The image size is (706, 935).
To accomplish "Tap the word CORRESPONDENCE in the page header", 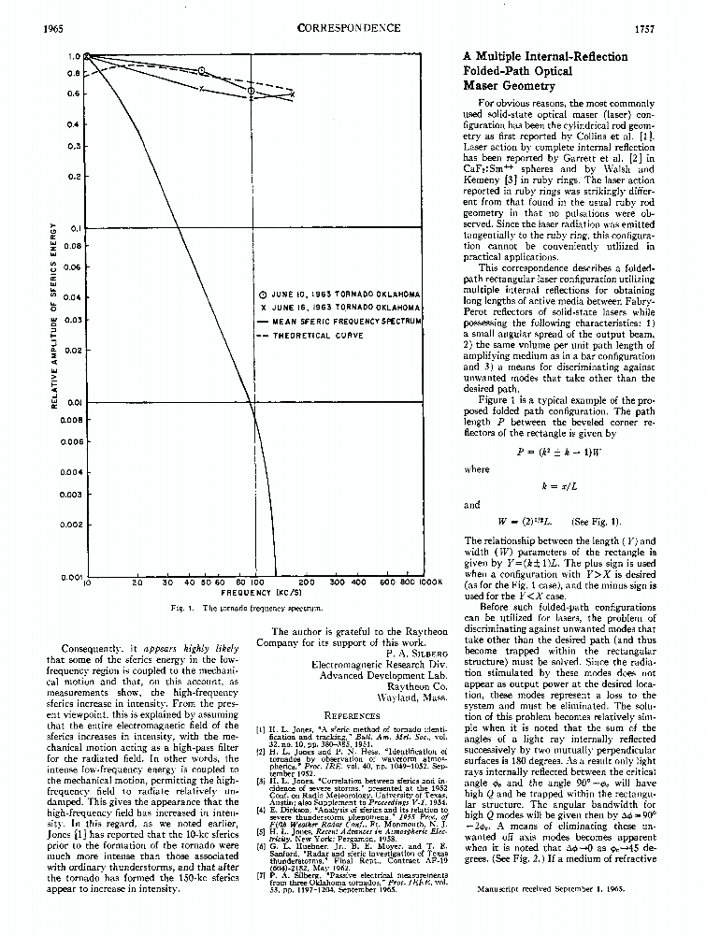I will (349, 29).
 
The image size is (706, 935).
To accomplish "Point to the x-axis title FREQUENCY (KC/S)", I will (252, 592).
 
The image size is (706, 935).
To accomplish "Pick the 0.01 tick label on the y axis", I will (75, 402).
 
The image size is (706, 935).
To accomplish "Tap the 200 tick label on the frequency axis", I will (305, 583).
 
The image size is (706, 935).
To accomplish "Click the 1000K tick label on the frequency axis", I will (430, 583).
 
